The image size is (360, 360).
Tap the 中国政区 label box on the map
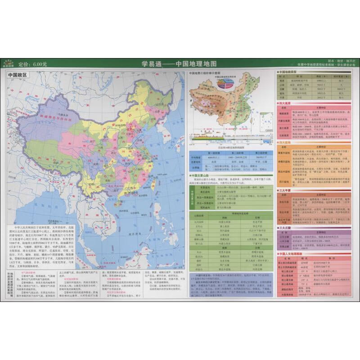[18, 75]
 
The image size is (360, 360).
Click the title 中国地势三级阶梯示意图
[204, 73]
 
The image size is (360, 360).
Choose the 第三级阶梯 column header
[258, 153]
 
